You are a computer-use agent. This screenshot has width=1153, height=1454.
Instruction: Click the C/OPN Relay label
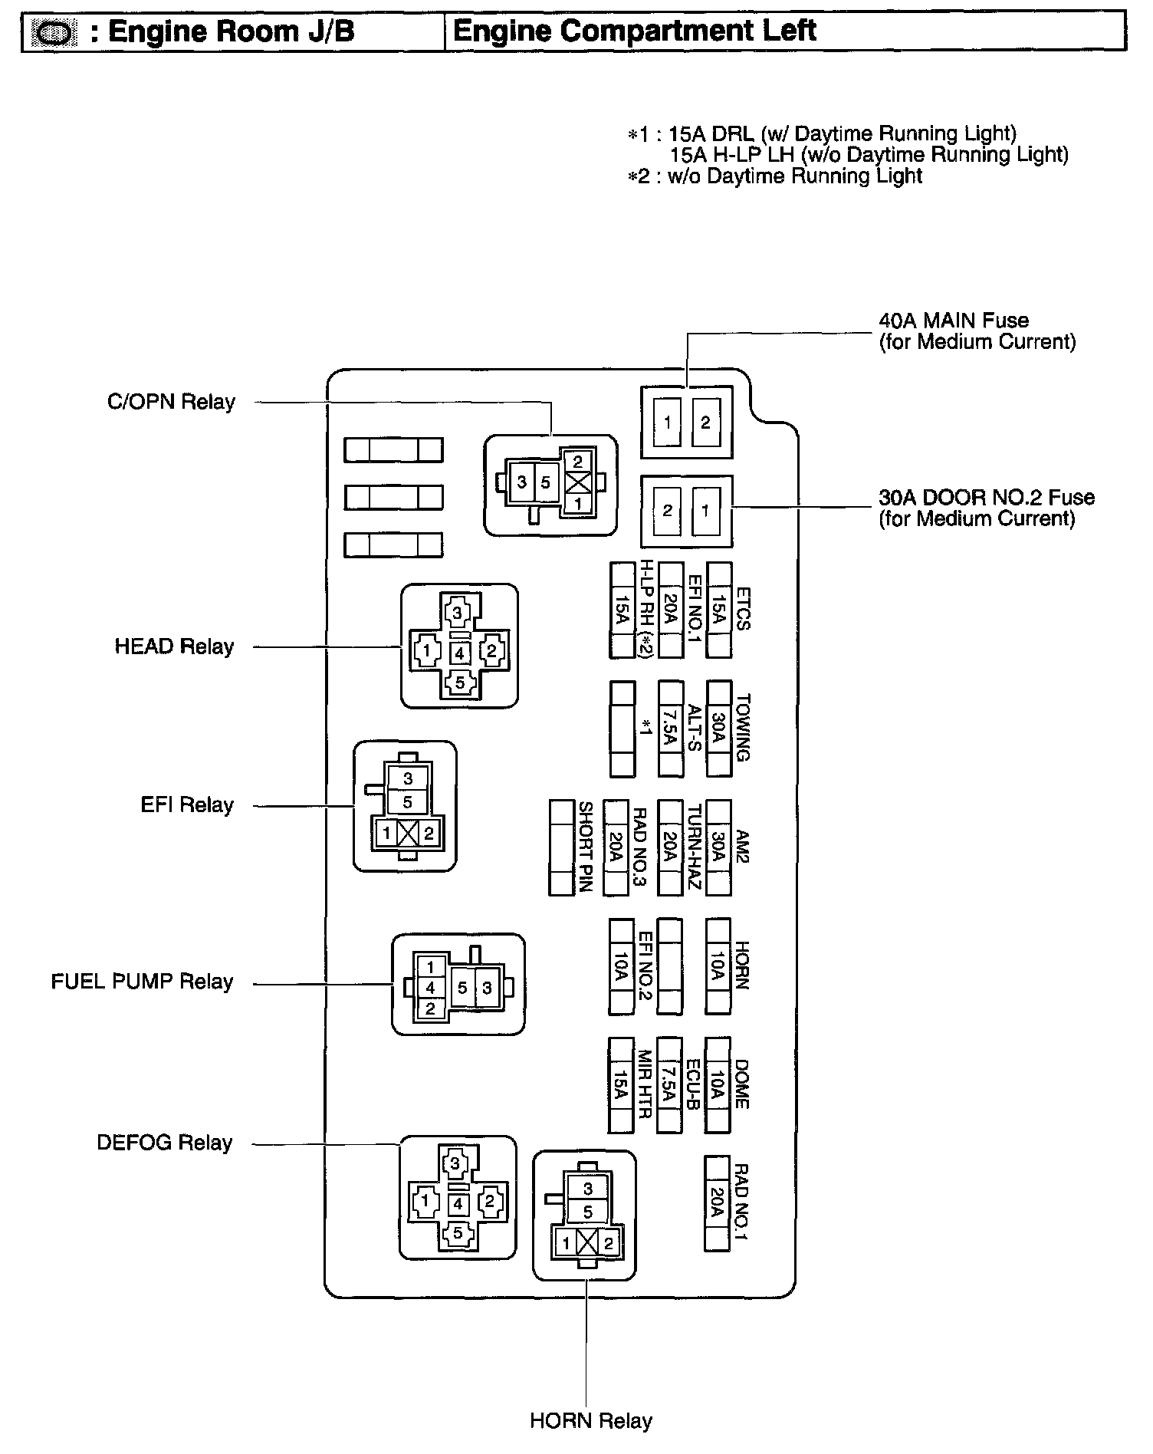[x=171, y=402]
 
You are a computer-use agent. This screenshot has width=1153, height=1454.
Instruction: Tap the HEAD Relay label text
[x=174, y=646]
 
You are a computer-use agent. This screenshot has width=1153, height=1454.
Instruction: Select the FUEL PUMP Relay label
[x=142, y=982]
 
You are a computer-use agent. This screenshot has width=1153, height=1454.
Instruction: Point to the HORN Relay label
[x=590, y=1421]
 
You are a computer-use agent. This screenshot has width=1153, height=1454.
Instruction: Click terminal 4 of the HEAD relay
[x=459, y=653]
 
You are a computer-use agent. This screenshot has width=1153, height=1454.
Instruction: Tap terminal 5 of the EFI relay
[x=407, y=802]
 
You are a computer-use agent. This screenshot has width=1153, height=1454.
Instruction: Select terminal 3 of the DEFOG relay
[x=456, y=1163]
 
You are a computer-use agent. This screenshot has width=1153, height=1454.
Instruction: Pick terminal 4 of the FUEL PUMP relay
[x=431, y=988]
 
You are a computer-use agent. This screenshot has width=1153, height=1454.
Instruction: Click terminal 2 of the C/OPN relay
[x=577, y=461]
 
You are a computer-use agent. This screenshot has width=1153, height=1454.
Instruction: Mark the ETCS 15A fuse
[x=718, y=610]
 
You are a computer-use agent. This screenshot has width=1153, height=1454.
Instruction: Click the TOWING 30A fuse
[x=718, y=729]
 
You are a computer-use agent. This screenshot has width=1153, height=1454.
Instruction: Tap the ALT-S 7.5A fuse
[x=670, y=729]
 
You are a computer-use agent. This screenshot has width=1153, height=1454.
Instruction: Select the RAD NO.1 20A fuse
[x=717, y=1203]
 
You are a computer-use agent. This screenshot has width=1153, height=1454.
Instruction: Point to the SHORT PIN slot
[x=562, y=847]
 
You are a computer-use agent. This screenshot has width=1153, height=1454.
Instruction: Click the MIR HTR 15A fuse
[x=620, y=1085]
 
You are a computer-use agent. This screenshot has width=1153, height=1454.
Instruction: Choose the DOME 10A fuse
[x=717, y=1085]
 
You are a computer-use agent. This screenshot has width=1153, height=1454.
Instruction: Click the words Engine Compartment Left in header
[x=634, y=31]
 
